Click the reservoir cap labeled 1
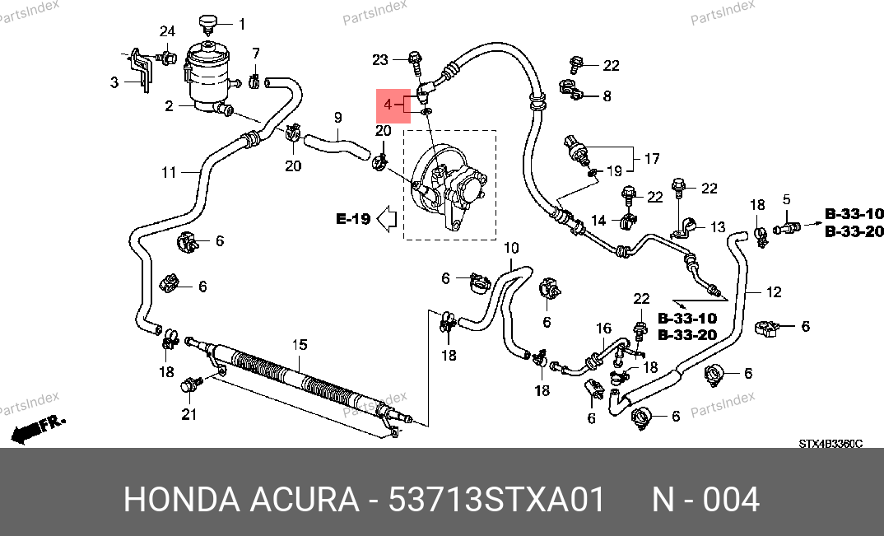coord(207,23)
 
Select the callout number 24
coord(167,32)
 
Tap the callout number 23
coord(379,59)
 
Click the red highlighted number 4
coord(388,105)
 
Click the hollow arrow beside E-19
coord(386,219)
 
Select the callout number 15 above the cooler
coord(300,343)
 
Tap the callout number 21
coord(189,414)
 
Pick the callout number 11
coord(169,173)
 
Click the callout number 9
coord(337,118)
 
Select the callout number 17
coord(652,157)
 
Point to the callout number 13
coord(718,227)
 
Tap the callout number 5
coord(786,199)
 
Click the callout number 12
coord(774,291)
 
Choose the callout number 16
coord(604,329)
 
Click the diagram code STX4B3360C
coord(830,444)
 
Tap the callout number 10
coord(511,248)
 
